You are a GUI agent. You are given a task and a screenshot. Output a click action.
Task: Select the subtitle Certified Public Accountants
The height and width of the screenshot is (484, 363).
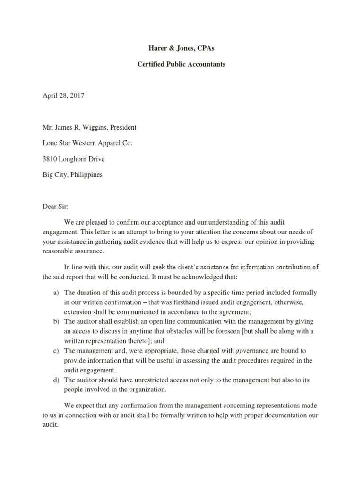pyautogui.click(x=181, y=64)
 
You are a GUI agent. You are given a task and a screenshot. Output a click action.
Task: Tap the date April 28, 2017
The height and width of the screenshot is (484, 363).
pyautogui.click(x=63, y=95)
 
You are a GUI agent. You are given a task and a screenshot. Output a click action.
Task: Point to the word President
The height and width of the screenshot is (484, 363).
pyautogui.click(x=122, y=127)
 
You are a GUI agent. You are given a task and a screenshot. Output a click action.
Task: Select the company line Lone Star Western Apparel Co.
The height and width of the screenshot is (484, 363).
pyautogui.click(x=87, y=143)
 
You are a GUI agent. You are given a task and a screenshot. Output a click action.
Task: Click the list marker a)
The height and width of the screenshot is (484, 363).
pyautogui.click(x=55, y=293)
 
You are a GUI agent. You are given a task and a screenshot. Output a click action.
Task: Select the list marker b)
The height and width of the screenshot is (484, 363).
pyautogui.click(x=55, y=321)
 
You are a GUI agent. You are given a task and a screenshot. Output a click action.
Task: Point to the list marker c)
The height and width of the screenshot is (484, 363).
pyautogui.click(x=55, y=351)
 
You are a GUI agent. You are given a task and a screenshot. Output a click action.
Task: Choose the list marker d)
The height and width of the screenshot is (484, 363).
pyautogui.click(x=55, y=380)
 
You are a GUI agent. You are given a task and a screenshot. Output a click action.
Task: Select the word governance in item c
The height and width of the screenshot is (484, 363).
pyautogui.click(x=250, y=351)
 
